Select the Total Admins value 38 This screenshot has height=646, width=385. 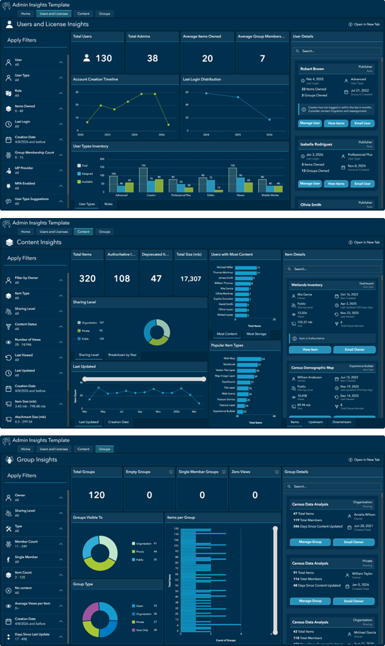152,58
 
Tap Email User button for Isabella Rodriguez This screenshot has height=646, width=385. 361,184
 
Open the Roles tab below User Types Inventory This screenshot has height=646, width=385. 108,204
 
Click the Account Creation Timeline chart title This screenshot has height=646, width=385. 95,79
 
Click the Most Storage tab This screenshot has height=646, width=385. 257,333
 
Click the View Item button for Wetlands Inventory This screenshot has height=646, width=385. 310,350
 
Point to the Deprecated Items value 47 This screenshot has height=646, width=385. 157,279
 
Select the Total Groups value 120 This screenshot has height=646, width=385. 97,495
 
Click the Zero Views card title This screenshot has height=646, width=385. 243,471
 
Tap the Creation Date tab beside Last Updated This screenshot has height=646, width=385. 118,422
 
